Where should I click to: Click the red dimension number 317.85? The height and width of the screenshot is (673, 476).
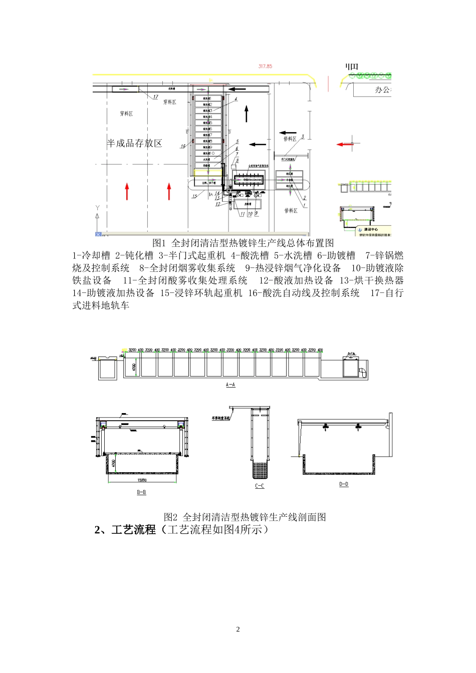[265, 66]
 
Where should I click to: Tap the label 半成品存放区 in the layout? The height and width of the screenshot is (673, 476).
[135, 143]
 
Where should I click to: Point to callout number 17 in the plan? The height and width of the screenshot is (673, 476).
[155, 97]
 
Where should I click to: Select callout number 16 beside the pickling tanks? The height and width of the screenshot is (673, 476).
[183, 146]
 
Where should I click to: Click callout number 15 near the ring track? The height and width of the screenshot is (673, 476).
[194, 196]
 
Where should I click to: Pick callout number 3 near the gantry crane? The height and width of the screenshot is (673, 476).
[303, 136]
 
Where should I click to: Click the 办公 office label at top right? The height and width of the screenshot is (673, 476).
[383, 90]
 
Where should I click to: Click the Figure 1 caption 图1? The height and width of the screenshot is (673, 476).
[158, 243]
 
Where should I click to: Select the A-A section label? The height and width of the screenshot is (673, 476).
[230, 385]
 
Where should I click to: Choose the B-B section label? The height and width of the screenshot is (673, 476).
[141, 492]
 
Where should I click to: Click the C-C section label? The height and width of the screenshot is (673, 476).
[260, 486]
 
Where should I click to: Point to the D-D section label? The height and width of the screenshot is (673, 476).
[344, 484]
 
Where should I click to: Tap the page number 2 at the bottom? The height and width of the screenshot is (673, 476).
[238, 629]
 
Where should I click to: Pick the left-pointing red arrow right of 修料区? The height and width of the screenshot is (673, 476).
[344, 144]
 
